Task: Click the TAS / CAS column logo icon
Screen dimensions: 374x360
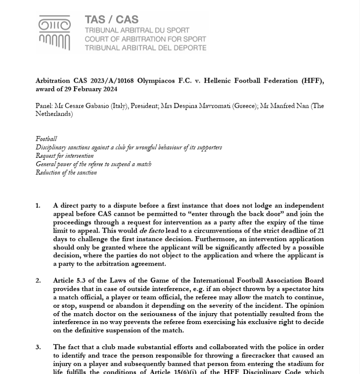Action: (x=54, y=33)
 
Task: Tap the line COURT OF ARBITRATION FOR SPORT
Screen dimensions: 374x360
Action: (x=145, y=39)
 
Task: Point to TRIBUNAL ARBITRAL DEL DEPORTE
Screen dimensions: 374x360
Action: (x=145, y=48)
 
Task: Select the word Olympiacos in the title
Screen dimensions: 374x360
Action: (x=156, y=81)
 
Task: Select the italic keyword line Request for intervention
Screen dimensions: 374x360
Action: (x=64, y=156)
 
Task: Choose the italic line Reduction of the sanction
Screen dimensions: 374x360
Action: (x=66, y=173)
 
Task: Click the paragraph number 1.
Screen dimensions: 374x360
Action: (x=38, y=206)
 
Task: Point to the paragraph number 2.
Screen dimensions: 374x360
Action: (x=38, y=280)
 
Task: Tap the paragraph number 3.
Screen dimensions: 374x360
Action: (x=38, y=347)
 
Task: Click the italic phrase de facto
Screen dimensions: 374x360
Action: (x=151, y=231)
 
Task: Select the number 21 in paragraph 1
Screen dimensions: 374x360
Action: (x=320, y=231)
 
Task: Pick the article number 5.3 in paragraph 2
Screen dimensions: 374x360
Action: (x=81, y=280)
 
